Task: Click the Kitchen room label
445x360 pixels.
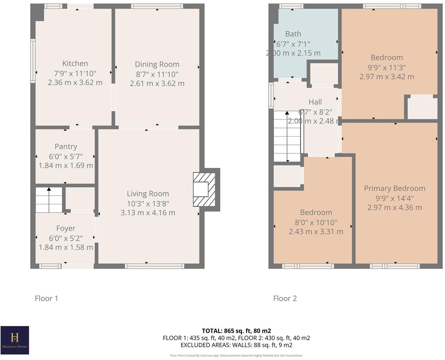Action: pyautogui.click(x=75, y=63)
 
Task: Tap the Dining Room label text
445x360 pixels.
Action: pyautogui.click(x=157, y=65)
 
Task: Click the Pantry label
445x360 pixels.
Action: pyautogui.click(x=66, y=147)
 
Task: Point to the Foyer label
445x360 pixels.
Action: pyautogui.click(x=66, y=228)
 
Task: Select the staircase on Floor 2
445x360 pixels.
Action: pyautogui.click(x=287, y=136)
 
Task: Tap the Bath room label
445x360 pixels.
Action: pyautogui.click(x=293, y=34)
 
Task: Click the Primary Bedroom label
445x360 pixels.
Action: pyautogui.click(x=395, y=188)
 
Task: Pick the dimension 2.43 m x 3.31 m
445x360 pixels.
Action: pyautogui.click(x=316, y=232)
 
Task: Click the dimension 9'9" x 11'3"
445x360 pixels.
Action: pyautogui.click(x=387, y=67)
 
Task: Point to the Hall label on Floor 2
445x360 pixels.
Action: pyautogui.click(x=315, y=102)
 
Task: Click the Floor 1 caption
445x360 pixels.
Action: pyautogui.click(x=47, y=298)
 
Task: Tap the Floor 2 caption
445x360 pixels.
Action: pyautogui.click(x=285, y=298)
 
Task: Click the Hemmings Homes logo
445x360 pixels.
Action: pyautogui.click(x=15, y=340)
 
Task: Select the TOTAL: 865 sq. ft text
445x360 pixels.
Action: pyautogui.click(x=236, y=331)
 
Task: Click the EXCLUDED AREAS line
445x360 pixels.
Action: pyautogui.click(x=236, y=345)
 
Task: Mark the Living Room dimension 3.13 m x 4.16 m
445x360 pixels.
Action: pyautogui.click(x=148, y=213)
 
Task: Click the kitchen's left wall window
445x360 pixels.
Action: pyautogui.click(x=33, y=61)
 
